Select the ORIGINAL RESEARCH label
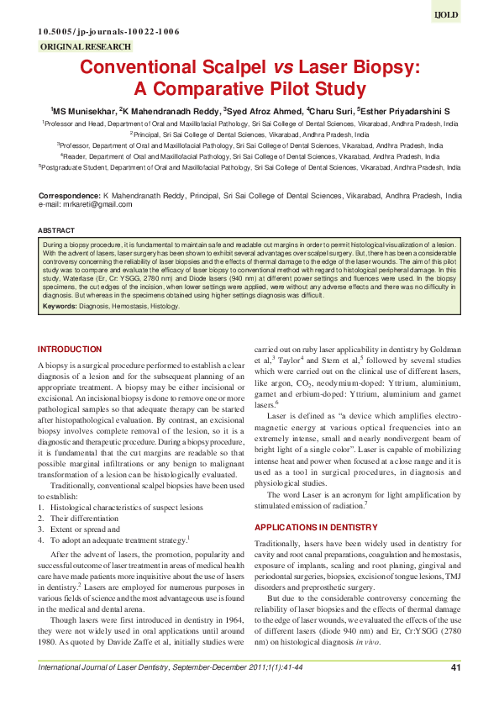(x=85, y=47)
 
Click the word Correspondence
(x=70, y=195)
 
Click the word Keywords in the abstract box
(x=60, y=307)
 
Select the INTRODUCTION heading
(x=70, y=349)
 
